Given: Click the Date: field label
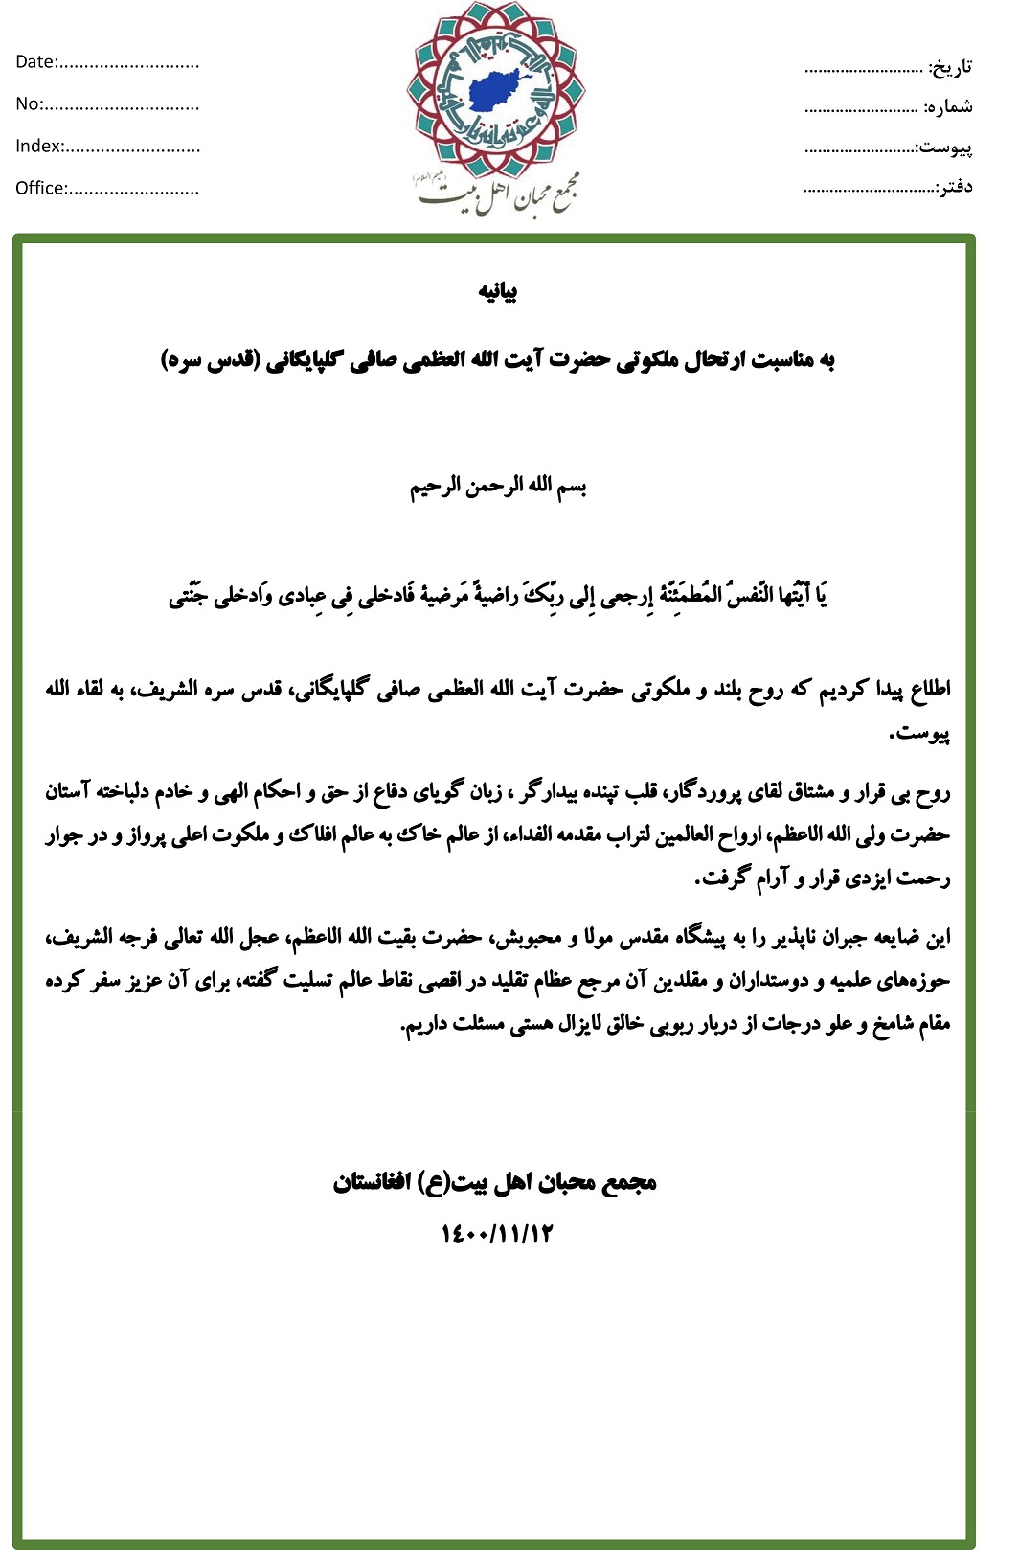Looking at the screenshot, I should pyautogui.click(x=35, y=62).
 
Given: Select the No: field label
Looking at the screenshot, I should pyautogui.click(x=28, y=104).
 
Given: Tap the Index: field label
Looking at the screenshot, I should pyautogui.click(x=38, y=147).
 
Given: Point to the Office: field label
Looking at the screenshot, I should pyautogui.click(x=40, y=189).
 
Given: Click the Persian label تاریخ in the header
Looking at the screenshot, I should pyautogui.click(x=951, y=67).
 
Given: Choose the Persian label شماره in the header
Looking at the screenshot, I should pyautogui.click(x=948, y=107).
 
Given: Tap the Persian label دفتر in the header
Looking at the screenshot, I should pyautogui.click(x=955, y=187).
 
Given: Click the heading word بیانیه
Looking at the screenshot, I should pyautogui.click(x=498, y=291).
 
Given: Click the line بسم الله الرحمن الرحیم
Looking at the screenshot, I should pyautogui.click(x=498, y=487).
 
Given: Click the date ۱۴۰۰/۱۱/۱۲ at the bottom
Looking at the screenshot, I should pyautogui.click(x=497, y=1234).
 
